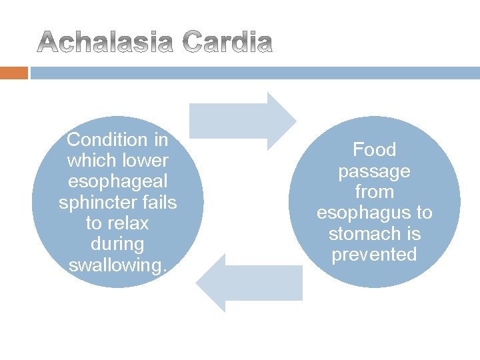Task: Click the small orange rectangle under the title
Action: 14,73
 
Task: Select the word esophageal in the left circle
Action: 118,182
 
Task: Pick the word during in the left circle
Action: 118,245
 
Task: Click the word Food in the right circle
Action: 374,150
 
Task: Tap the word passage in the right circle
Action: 374,171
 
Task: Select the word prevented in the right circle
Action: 374,255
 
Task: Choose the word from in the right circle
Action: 374,192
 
